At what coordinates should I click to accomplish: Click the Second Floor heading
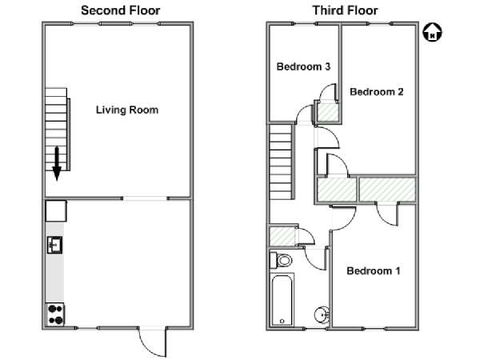click(x=120, y=10)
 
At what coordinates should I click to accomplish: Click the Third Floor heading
click(x=345, y=10)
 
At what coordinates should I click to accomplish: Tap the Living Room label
click(x=127, y=110)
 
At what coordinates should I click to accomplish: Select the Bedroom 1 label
click(x=373, y=270)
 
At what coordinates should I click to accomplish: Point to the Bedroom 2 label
click(x=377, y=91)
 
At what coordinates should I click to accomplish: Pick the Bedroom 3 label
click(x=303, y=66)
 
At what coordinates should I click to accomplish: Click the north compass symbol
click(x=432, y=32)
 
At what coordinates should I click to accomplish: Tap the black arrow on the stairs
click(x=57, y=164)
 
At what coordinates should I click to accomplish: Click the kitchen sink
click(x=54, y=245)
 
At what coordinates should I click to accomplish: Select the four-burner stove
click(x=55, y=314)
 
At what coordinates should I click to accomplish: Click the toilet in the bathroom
click(x=281, y=261)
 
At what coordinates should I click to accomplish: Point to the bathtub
click(x=282, y=300)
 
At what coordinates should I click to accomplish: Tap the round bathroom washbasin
click(x=322, y=314)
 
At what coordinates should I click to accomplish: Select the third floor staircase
click(x=281, y=162)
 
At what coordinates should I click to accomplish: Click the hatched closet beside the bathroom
click(x=282, y=236)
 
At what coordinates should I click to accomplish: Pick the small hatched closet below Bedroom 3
click(x=327, y=112)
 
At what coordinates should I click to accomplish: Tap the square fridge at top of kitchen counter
click(x=56, y=210)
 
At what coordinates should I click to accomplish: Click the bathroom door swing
click(x=314, y=258)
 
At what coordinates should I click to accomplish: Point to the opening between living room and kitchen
click(x=145, y=198)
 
